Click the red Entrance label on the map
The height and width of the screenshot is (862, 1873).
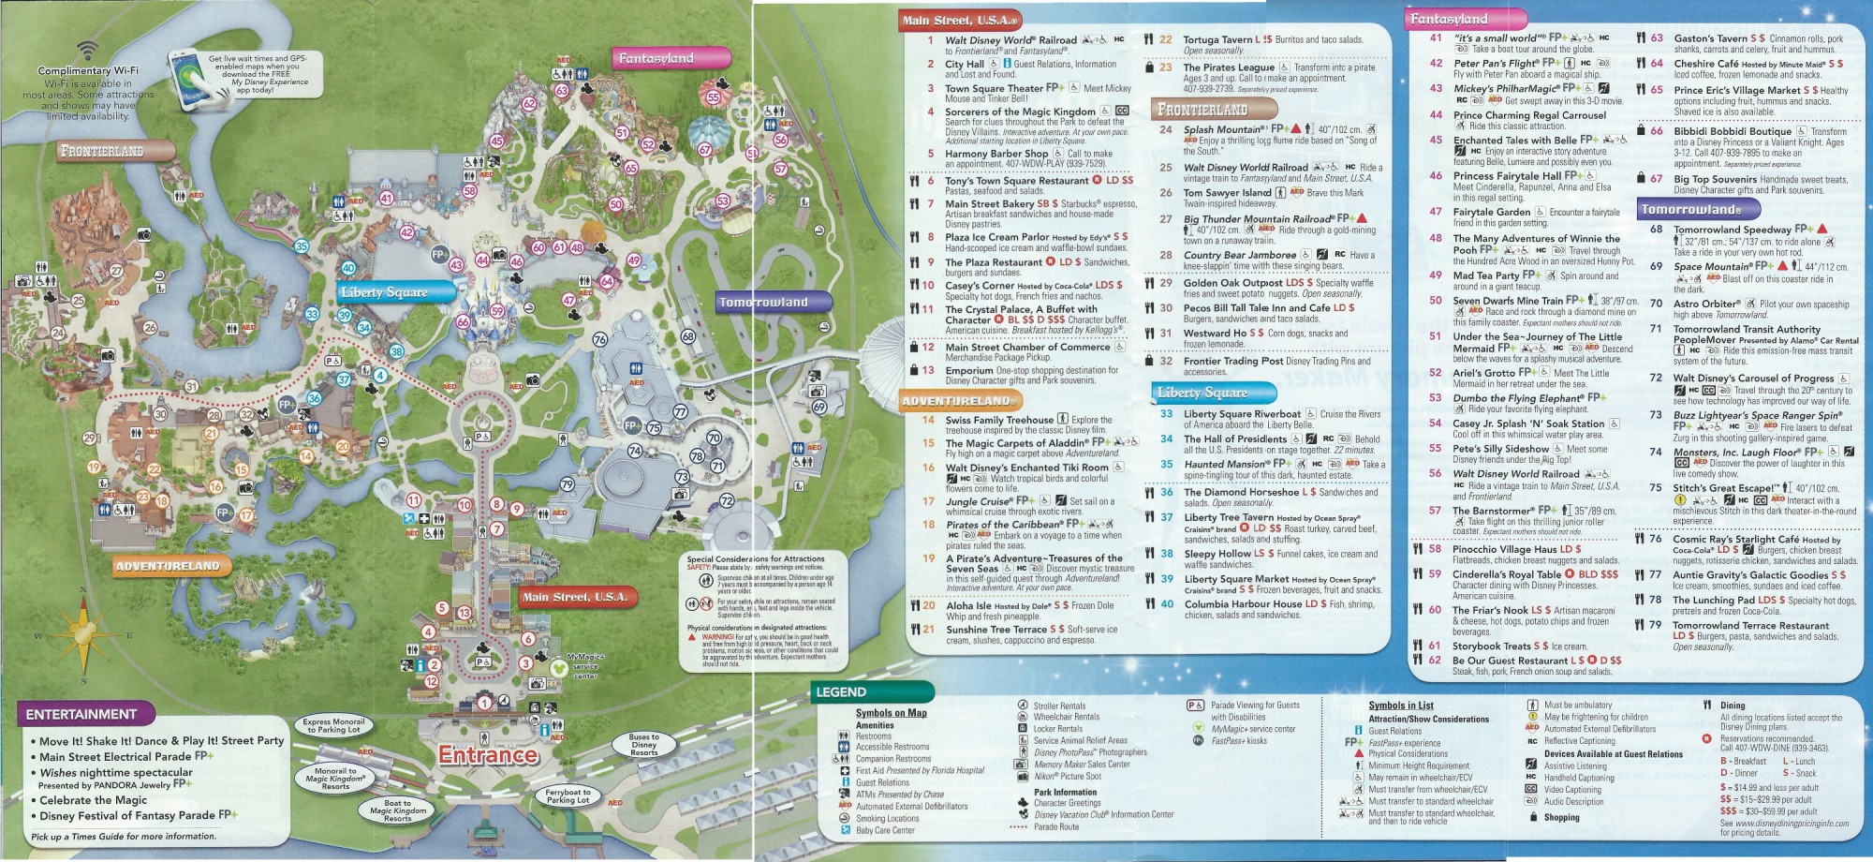tap(488, 755)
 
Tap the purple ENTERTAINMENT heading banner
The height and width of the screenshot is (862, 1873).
tap(81, 715)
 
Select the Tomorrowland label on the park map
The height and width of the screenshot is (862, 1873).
tap(763, 302)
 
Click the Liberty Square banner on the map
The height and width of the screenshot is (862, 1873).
tap(385, 292)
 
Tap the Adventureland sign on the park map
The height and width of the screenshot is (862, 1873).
tap(167, 566)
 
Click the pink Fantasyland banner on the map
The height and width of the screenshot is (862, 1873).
tap(656, 58)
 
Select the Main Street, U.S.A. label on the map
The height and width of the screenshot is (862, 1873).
tap(574, 597)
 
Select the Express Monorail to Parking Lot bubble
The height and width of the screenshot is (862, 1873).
tap(334, 725)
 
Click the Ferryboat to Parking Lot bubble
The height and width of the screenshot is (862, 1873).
tap(568, 796)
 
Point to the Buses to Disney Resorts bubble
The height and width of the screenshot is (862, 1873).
tap(644, 745)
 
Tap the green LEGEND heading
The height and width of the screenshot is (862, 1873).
tap(841, 692)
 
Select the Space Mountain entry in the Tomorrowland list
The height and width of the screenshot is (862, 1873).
tap(1712, 266)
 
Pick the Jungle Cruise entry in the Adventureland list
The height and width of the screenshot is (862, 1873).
tap(980, 501)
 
